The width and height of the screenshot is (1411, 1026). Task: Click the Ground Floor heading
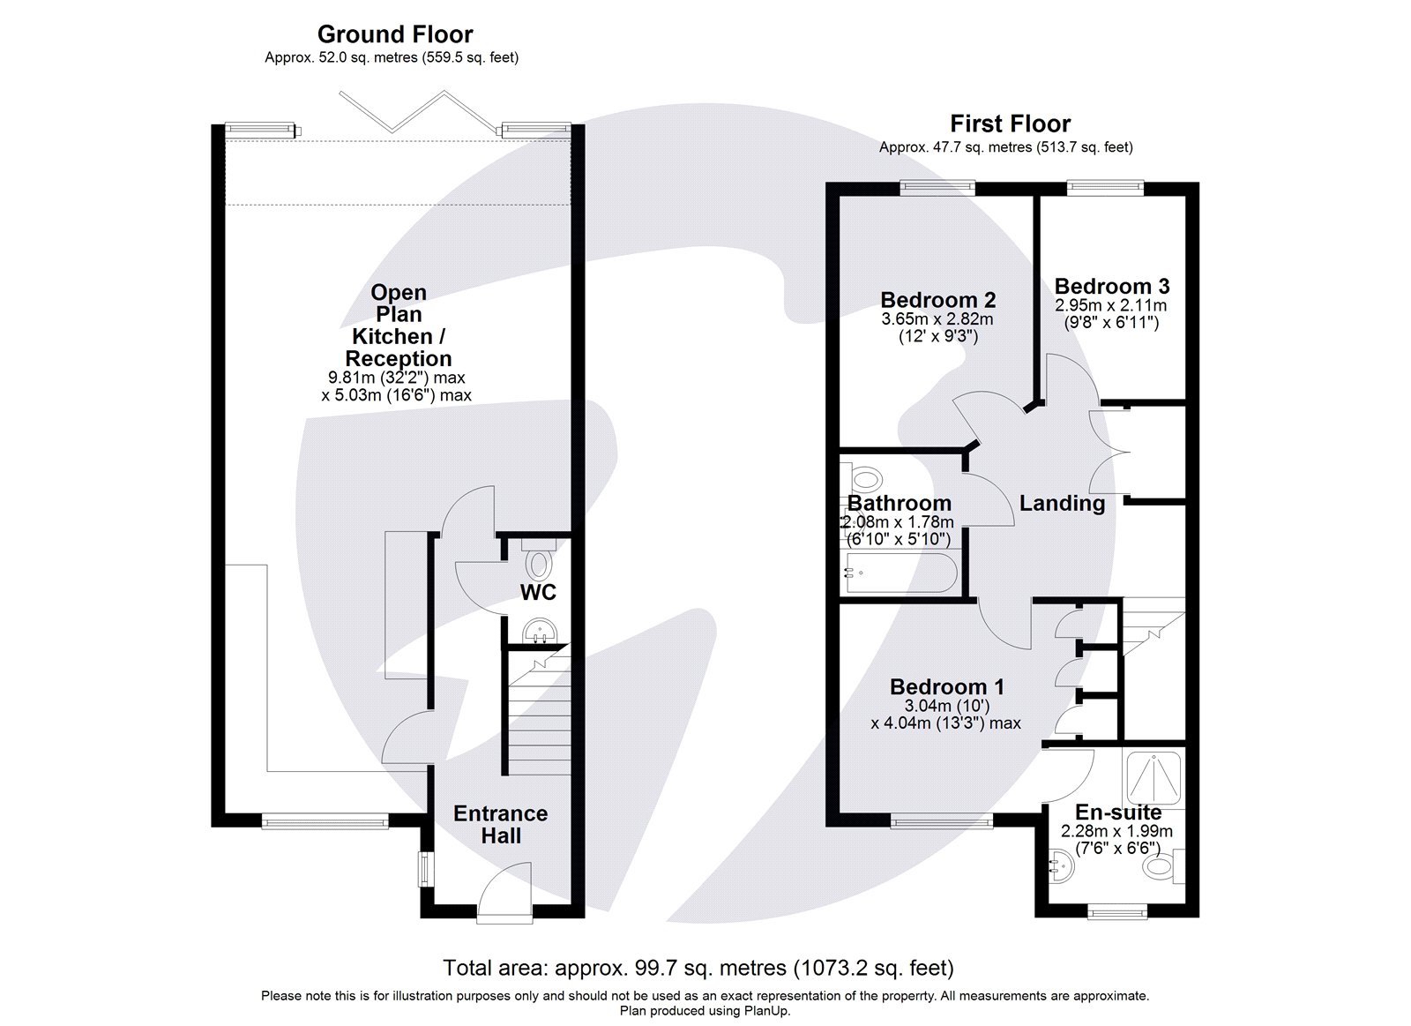pos(394,34)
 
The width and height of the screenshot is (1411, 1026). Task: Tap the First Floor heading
pos(1010,124)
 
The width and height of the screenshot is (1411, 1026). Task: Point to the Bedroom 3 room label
pos(1111,286)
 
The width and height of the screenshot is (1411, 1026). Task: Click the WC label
pos(538,592)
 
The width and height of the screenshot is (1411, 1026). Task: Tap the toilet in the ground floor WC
pos(538,560)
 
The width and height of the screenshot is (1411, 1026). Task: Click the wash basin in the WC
pos(538,630)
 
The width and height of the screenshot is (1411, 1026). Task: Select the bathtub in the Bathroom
pos(899,573)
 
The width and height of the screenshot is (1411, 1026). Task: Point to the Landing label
pos(1062,503)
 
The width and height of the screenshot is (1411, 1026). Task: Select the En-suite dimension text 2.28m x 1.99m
pos(1116,831)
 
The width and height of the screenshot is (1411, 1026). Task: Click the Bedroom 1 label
pos(946,686)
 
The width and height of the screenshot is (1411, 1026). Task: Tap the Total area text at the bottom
pos(698,968)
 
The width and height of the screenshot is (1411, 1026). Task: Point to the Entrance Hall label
pos(500,824)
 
